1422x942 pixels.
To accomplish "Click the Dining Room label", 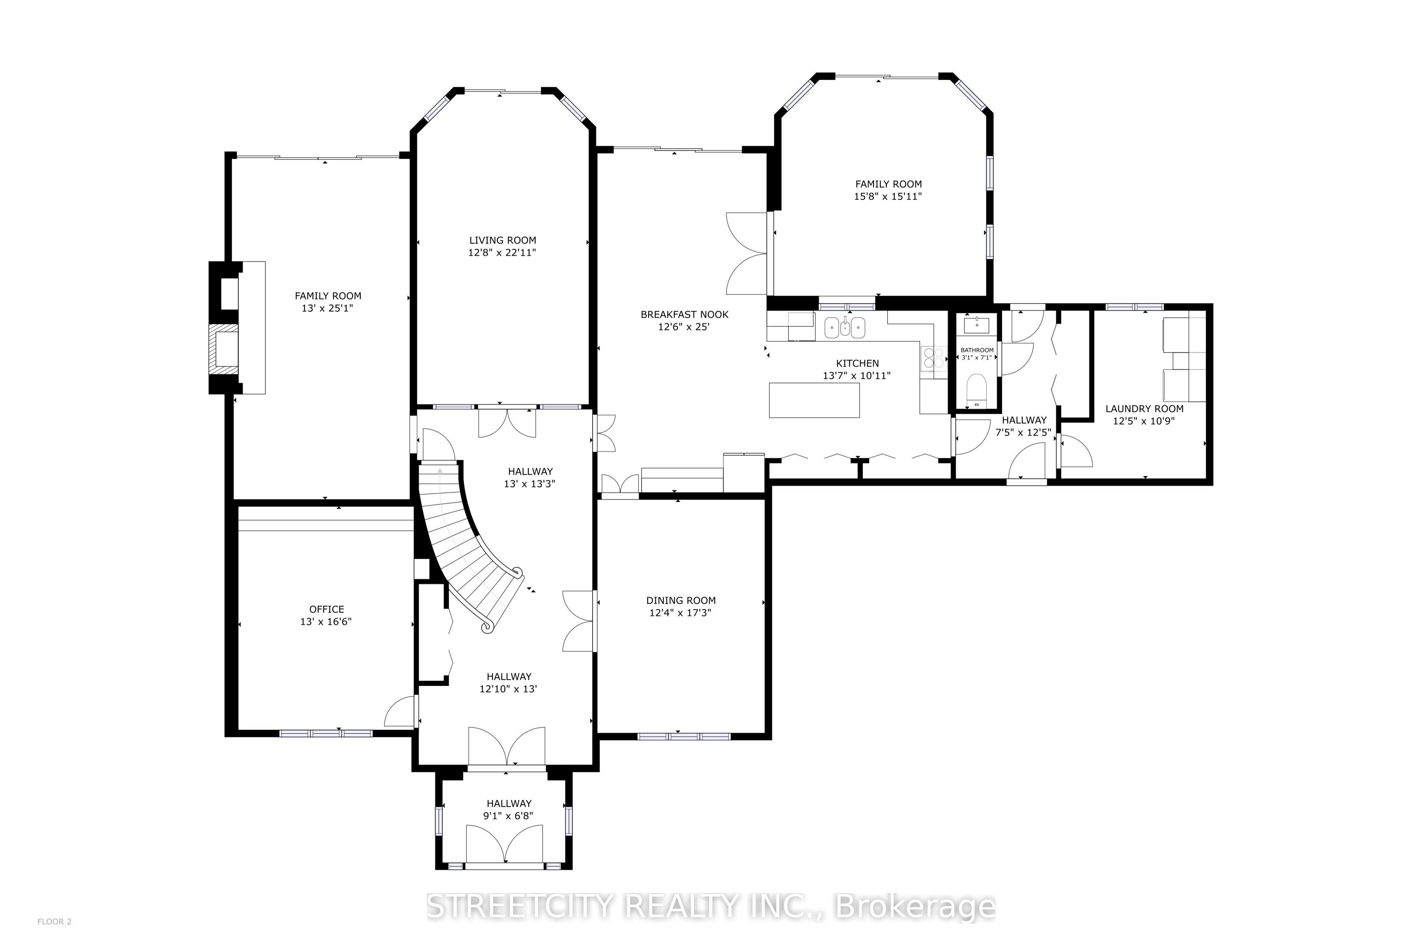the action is coord(681,600).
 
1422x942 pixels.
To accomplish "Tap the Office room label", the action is coord(327,609).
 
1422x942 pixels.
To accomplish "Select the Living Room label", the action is coord(502,240).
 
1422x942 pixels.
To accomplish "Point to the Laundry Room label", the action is coord(1144,409).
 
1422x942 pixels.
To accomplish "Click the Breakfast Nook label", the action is coord(685,314).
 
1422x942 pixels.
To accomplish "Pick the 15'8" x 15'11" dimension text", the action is coord(888,197).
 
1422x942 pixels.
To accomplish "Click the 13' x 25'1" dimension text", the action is coord(327,308).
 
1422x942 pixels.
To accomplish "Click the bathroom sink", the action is coord(977,325).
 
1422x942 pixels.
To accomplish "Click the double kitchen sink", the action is coord(845,327).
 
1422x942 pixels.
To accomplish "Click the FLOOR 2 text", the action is coord(54,922).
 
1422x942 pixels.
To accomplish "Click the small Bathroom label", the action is coord(977,350).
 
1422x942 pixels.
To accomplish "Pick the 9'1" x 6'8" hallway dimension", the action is coord(509,816).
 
